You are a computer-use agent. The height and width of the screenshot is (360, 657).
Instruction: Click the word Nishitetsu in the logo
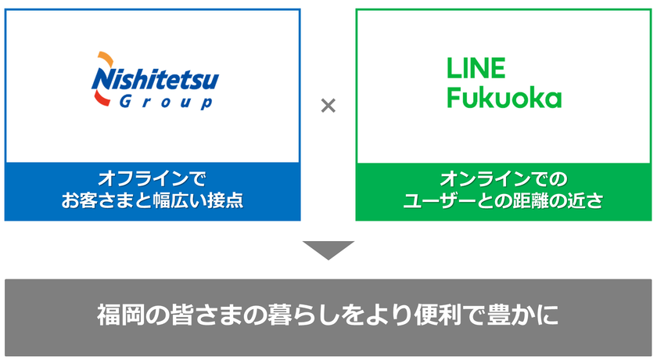click(x=155, y=80)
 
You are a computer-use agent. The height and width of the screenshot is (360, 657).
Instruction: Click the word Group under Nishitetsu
click(x=166, y=103)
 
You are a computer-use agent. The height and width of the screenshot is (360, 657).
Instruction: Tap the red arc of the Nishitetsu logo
click(x=101, y=99)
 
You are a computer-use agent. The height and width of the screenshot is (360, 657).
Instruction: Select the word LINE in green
click(x=476, y=68)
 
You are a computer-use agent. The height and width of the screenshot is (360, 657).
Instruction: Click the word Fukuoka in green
click(x=504, y=98)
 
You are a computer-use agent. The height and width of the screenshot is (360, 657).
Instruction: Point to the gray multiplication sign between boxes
click(x=328, y=105)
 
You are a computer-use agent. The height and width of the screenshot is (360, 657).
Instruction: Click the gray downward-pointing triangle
click(x=328, y=250)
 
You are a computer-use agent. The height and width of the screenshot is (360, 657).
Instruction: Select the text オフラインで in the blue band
click(x=152, y=178)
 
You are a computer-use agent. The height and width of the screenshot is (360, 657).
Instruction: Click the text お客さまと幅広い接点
click(x=152, y=200)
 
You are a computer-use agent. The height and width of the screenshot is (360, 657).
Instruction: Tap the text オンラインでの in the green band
click(x=503, y=179)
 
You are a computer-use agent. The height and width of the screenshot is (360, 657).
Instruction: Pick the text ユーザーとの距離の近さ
click(x=503, y=200)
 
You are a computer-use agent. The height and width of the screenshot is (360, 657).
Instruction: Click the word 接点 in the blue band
click(x=225, y=200)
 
